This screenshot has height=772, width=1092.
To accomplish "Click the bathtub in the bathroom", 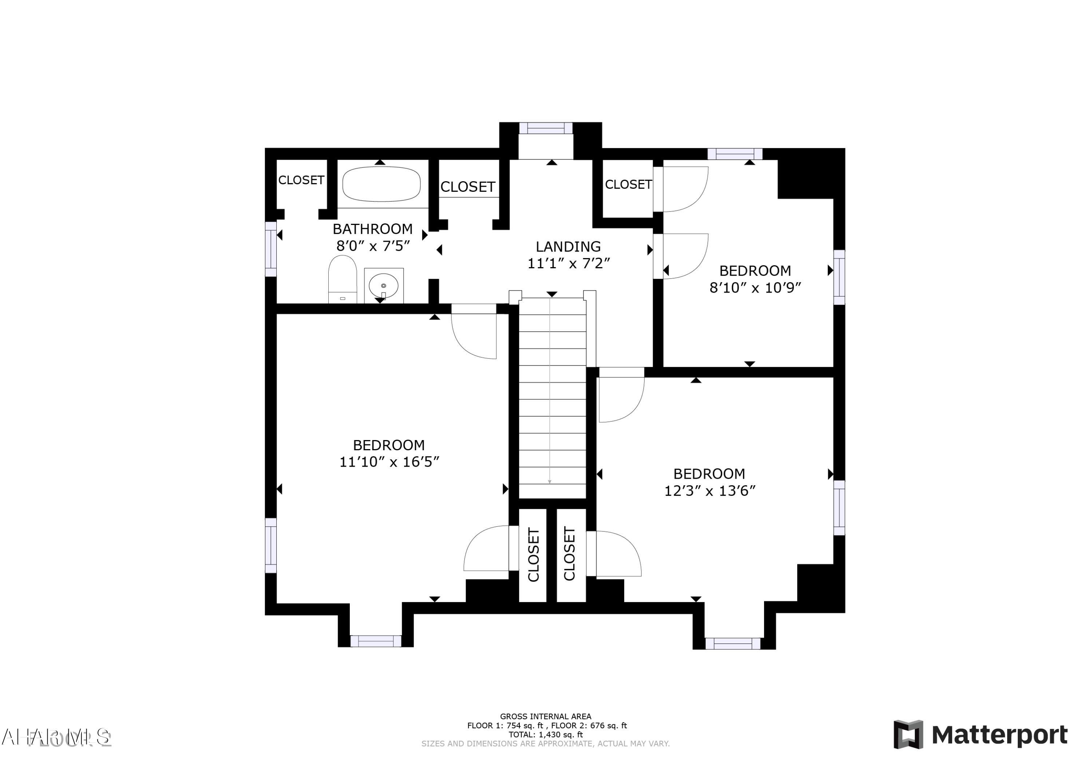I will point(381,184).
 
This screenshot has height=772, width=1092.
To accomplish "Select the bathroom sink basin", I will point(383,285).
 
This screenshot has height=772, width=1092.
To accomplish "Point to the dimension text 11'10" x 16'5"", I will point(389,462).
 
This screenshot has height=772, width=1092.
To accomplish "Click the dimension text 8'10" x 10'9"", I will point(755,288).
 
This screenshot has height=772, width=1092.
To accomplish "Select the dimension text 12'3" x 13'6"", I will point(709,491).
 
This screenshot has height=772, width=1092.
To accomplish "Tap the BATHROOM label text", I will point(372,229).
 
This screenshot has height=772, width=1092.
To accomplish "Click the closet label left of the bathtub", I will point(301,180).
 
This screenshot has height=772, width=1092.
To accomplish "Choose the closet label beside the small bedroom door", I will point(628,185).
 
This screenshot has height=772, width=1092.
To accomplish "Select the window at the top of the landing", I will point(546,128).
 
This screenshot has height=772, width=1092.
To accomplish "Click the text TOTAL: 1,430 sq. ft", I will point(546,735).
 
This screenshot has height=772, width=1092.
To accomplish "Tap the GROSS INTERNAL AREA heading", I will point(546,716).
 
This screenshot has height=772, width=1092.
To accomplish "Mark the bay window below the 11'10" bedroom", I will point(376,641).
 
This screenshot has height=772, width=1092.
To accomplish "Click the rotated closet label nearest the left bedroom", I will point(533,555).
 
